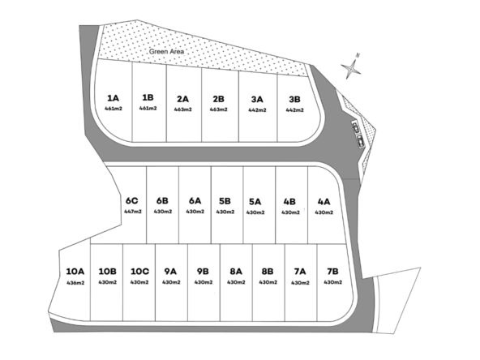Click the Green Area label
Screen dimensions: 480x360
166,51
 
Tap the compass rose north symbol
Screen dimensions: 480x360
351,68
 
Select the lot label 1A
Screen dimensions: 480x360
113,98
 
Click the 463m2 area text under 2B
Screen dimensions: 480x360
219,109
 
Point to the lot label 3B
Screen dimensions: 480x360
294,99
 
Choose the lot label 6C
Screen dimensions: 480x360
131,201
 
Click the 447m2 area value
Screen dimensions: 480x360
133,212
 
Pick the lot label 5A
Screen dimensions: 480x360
255,202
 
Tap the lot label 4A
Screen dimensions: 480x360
324,202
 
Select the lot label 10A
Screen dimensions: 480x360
75,272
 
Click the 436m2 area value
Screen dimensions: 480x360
75,283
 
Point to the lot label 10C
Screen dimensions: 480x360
140,272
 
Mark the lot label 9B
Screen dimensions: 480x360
203,272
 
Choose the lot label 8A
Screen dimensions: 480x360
236,272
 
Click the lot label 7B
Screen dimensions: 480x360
332,272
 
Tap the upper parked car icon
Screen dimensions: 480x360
356,127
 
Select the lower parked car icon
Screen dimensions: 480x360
361,141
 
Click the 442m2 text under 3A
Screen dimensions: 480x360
257,110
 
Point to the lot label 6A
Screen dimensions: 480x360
195,201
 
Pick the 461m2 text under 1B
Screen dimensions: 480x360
148,108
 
